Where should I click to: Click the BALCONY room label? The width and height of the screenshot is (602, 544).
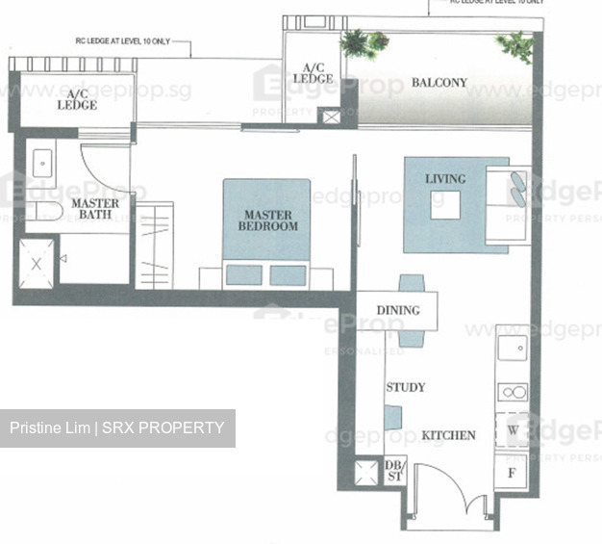click(439, 83)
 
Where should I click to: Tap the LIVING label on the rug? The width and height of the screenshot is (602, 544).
click(445, 179)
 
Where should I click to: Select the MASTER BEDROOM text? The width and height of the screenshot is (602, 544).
click(270, 220)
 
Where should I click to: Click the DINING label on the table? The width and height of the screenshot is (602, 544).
click(398, 311)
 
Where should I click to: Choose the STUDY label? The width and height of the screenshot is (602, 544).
click(405, 387)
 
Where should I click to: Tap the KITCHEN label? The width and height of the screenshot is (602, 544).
click(448, 436)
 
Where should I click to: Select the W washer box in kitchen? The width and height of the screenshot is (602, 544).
click(512, 428)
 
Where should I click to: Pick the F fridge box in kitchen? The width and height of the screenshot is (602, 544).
click(512, 473)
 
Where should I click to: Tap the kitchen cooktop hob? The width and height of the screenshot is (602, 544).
click(512, 393)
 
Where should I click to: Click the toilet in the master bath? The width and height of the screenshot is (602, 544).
click(43, 212)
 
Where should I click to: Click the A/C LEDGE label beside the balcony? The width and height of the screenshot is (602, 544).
click(313, 72)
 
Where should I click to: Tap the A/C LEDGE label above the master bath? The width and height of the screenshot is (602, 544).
click(77, 99)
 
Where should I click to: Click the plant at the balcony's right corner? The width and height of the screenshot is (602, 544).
click(516, 45)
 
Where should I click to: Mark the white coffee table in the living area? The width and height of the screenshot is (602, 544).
click(444, 205)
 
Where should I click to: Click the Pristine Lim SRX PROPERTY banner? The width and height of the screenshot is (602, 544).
click(117, 427)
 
